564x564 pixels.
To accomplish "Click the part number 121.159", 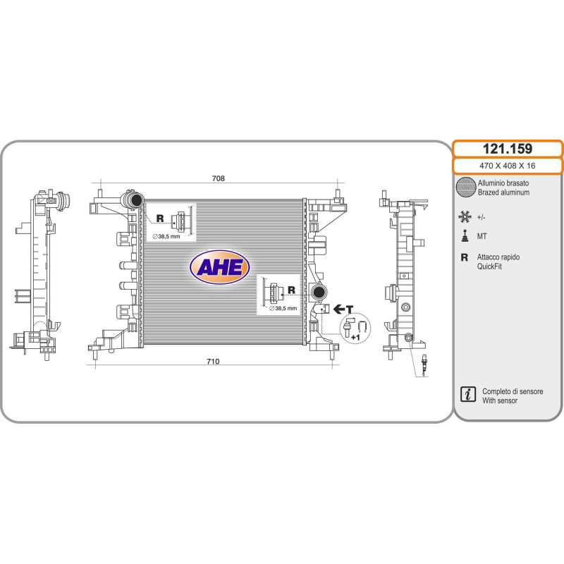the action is [x=507, y=149].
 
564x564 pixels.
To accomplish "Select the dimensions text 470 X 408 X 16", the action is [x=507, y=166].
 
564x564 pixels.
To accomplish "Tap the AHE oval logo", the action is [x=219, y=267].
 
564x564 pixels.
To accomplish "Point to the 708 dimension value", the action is [x=219, y=178].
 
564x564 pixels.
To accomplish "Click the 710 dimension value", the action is [x=213, y=361].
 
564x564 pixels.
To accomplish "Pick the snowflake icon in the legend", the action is [x=465, y=216].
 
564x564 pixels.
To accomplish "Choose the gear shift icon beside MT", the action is [x=465, y=235].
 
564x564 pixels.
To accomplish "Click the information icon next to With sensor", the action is [x=468, y=394].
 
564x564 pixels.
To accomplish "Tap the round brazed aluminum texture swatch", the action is [x=466, y=187].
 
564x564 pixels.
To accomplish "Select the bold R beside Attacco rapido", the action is [x=465, y=257].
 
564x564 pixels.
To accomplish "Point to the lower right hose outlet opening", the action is [x=318, y=292].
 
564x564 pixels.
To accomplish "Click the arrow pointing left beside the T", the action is [x=339, y=309].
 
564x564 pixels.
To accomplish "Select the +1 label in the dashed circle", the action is [x=355, y=338].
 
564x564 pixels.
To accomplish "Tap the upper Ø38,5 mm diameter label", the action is [x=166, y=236].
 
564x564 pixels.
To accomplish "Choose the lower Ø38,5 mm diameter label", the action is [x=283, y=308].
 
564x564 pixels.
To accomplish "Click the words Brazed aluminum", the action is [x=503, y=192].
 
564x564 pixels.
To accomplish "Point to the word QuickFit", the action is [x=489, y=266].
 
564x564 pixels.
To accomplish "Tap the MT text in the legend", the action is [x=482, y=236].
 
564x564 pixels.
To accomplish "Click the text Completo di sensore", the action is [x=513, y=391].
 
